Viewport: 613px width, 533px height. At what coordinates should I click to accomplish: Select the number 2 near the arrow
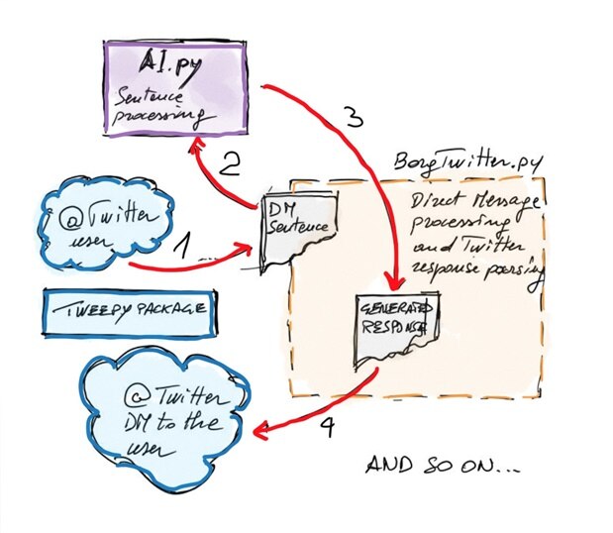coord(230,164)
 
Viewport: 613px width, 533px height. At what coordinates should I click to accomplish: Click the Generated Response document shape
coord(395,327)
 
